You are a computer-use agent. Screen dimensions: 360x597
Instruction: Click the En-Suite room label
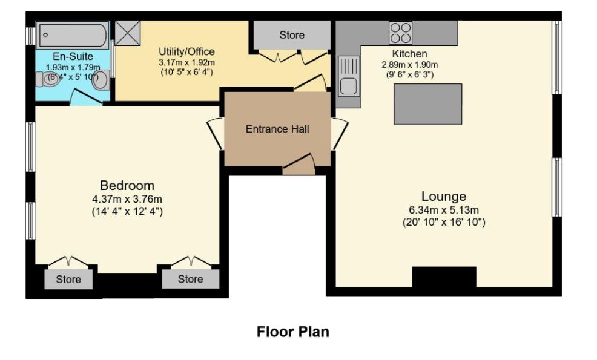pos(73,57)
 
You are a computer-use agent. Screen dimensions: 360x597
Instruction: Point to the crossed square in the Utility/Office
pos(127,33)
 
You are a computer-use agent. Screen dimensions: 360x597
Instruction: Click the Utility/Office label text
pos(186,51)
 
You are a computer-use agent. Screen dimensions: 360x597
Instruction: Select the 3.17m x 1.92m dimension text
pos(186,62)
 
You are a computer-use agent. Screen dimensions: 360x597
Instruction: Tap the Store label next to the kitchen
pos(292,35)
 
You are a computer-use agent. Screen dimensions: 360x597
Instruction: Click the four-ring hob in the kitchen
pos(400,33)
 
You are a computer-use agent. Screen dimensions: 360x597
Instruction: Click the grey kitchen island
pos(427,104)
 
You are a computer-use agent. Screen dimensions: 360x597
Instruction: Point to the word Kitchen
pos(409,54)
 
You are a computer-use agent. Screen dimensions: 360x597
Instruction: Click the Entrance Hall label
pos(277,129)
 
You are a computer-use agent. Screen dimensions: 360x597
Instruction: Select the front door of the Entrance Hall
pos(298,163)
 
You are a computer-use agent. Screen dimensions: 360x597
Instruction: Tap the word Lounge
pos(444,196)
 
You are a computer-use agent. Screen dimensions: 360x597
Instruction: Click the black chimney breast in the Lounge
pos(444,277)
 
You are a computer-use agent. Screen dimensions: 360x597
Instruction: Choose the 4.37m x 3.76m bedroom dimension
pos(127,199)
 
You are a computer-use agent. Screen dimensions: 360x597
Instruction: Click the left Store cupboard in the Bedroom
pos(68,280)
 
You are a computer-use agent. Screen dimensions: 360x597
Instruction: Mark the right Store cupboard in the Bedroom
pos(190,280)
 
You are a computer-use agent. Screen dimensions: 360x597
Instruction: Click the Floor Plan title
pos(292,332)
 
